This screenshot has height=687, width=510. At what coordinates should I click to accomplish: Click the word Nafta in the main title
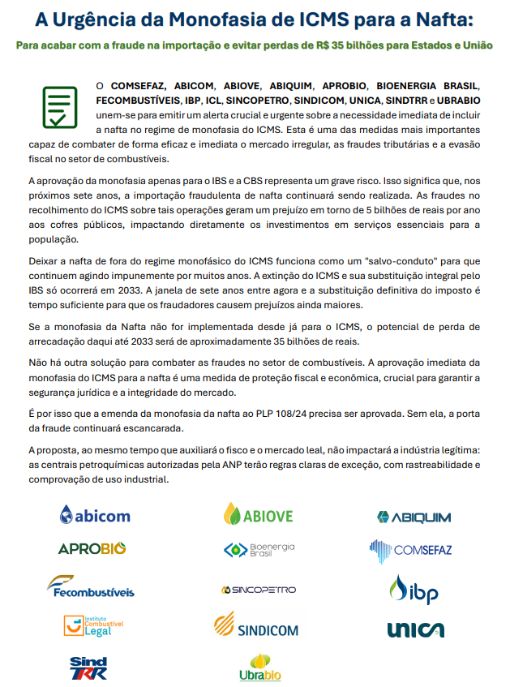click(x=451, y=18)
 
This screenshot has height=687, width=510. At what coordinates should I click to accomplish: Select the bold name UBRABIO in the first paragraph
click(x=458, y=100)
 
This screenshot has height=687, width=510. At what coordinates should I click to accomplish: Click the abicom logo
click(x=95, y=515)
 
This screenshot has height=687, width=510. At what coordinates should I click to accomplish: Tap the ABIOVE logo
click(x=259, y=515)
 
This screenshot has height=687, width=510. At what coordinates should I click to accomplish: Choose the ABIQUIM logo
click(x=414, y=517)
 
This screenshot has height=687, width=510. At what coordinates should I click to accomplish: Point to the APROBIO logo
click(x=92, y=549)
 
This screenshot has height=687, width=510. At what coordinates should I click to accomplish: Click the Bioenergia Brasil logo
click(x=259, y=550)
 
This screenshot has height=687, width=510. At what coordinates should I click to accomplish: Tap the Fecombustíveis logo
click(x=90, y=586)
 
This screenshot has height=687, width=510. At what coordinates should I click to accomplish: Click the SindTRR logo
click(x=89, y=668)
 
